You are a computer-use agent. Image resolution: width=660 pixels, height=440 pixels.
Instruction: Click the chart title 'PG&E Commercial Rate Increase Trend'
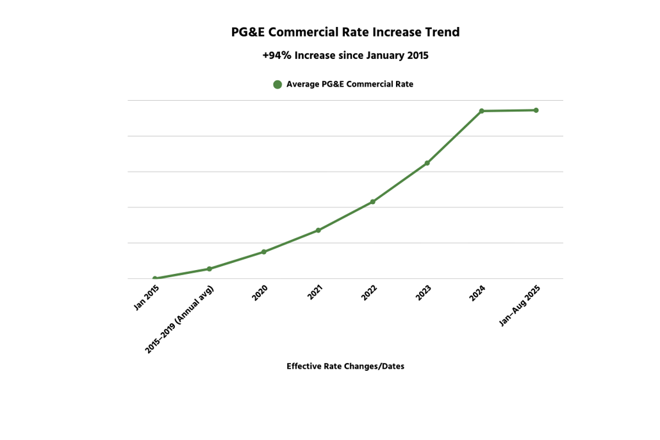point(345,32)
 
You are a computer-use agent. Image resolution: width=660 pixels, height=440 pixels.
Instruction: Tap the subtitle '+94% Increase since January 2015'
point(345,56)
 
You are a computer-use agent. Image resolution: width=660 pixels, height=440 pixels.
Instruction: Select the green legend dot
point(277,84)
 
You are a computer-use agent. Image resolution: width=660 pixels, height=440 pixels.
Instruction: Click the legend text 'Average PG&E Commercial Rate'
point(350,84)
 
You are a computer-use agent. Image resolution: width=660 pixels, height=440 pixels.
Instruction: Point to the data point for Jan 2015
point(155,278)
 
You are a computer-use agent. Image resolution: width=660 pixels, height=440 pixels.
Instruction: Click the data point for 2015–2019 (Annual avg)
point(210,269)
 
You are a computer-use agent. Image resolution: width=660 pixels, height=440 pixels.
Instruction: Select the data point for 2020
point(264,251)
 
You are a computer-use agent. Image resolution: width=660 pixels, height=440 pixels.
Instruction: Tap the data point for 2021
point(318,230)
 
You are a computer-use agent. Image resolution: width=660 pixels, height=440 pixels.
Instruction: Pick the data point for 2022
point(373,202)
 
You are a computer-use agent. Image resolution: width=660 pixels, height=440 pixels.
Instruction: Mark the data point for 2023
point(427,163)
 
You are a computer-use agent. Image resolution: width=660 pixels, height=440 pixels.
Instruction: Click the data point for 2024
point(482,111)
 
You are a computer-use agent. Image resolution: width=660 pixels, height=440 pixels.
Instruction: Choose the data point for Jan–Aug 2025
point(536,110)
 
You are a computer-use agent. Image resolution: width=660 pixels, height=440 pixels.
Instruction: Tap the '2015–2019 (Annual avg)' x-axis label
point(180,319)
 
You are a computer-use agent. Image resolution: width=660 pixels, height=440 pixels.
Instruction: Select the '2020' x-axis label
point(260,294)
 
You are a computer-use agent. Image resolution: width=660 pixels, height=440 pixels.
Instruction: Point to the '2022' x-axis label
point(368,294)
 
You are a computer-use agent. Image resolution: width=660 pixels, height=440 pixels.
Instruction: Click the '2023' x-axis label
point(423,294)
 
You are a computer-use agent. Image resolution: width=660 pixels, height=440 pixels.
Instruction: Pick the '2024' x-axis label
point(477,294)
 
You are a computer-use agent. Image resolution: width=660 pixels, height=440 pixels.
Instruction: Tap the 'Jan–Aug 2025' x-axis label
point(520,306)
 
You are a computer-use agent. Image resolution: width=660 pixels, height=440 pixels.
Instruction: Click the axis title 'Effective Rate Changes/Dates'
point(345,366)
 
